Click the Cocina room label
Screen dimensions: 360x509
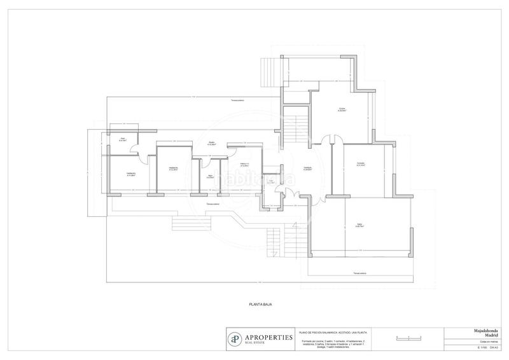pos(342,110)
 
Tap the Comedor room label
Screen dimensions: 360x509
pos(361,165)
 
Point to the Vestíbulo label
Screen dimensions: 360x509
pos(307,169)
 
